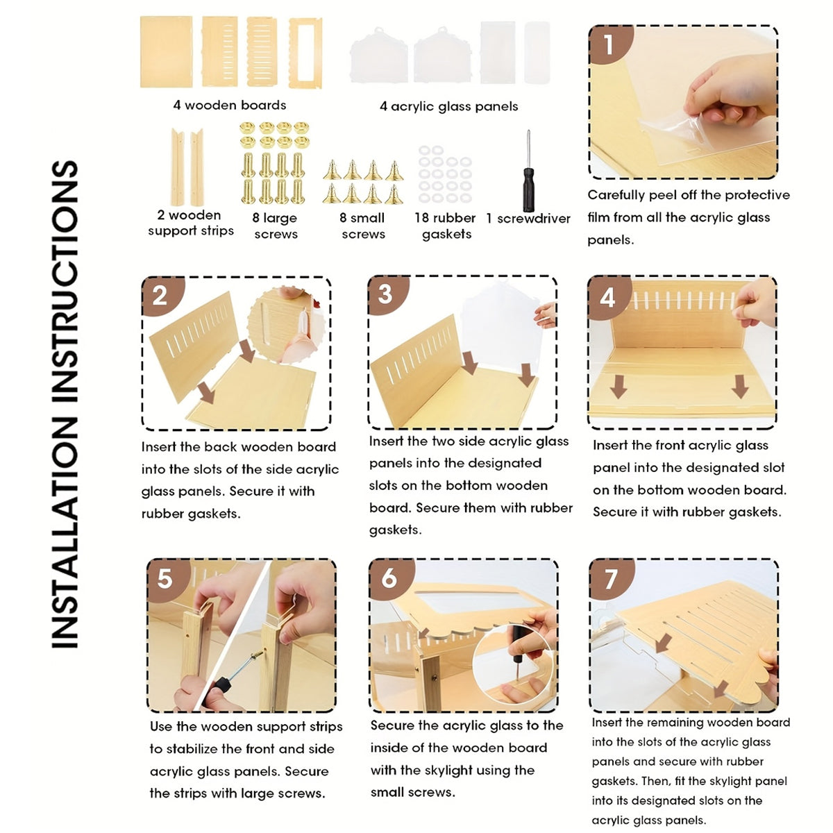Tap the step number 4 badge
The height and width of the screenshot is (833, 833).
(x=608, y=297)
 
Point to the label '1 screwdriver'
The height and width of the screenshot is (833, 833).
(x=528, y=219)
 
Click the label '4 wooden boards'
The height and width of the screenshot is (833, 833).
(x=230, y=105)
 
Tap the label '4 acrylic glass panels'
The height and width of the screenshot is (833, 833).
(x=448, y=106)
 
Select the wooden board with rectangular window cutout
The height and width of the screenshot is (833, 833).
(x=305, y=53)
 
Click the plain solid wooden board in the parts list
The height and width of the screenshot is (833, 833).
(x=166, y=52)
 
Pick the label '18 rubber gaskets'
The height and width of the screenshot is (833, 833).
(x=445, y=226)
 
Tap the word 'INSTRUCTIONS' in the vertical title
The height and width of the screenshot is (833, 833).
(x=65, y=282)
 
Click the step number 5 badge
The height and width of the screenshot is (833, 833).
(x=167, y=579)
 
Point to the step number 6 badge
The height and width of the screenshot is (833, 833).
(x=390, y=578)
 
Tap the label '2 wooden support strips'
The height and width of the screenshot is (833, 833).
(x=190, y=223)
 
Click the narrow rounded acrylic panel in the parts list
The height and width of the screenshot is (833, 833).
(x=537, y=52)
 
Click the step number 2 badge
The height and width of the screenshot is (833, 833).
(x=160, y=296)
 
